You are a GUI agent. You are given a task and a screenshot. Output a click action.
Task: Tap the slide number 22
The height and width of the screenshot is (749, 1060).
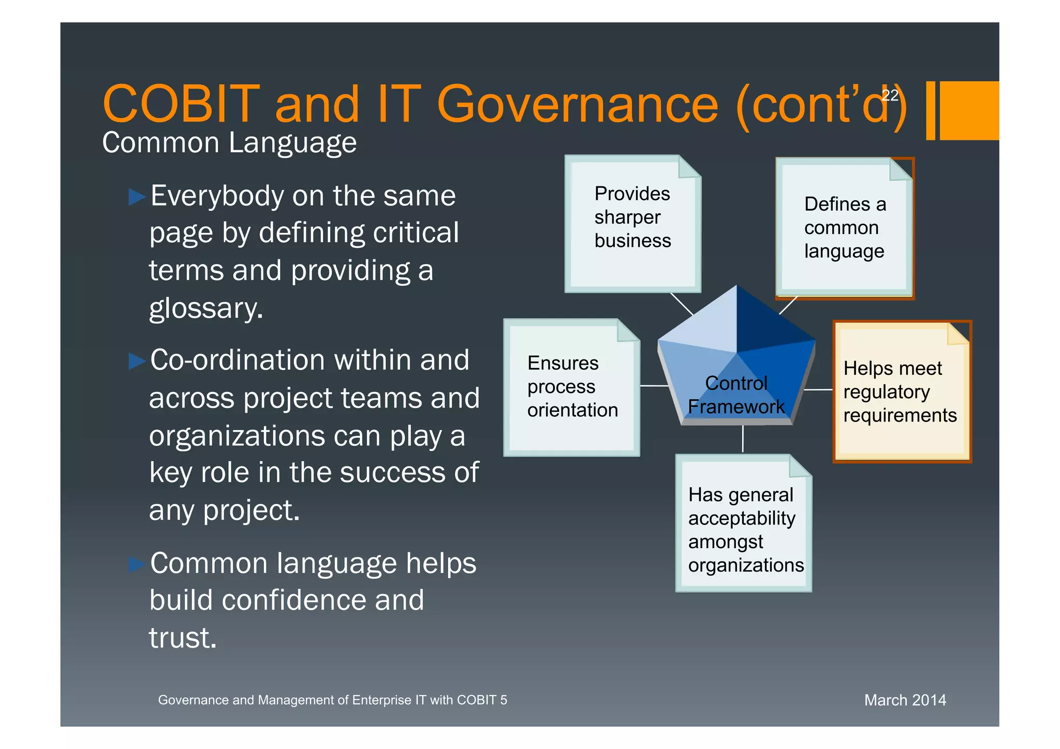(890, 95)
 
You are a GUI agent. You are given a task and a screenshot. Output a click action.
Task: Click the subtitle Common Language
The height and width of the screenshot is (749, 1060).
(229, 143)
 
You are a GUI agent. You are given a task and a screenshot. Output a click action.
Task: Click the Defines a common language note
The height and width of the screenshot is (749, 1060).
(844, 228)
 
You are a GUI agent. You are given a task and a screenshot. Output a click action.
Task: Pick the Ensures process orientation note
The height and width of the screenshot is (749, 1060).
(571, 387)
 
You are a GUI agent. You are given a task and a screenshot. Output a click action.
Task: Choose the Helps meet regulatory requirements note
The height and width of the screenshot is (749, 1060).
(900, 392)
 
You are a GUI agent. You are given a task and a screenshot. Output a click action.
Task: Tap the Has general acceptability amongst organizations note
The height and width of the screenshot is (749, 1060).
(744, 529)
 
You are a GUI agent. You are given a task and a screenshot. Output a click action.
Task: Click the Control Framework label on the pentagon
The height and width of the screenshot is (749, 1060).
(736, 395)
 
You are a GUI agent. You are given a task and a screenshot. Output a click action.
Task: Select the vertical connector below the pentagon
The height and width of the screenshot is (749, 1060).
(743, 439)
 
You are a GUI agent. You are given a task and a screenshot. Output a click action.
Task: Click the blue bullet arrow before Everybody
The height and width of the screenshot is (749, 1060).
(137, 197)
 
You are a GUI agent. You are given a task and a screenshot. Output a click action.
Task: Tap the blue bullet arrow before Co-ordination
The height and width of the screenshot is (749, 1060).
(137, 361)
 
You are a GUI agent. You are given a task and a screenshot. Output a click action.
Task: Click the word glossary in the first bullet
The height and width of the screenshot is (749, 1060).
(205, 309)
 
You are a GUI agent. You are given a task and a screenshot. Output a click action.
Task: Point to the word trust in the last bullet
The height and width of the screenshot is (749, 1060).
(182, 638)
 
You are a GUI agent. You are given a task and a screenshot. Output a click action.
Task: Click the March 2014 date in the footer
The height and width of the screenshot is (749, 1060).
(905, 700)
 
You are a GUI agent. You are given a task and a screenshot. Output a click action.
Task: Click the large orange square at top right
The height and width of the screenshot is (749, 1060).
(969, 110)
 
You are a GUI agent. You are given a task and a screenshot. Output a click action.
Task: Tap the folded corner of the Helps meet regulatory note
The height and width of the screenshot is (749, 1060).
(959, 333)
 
